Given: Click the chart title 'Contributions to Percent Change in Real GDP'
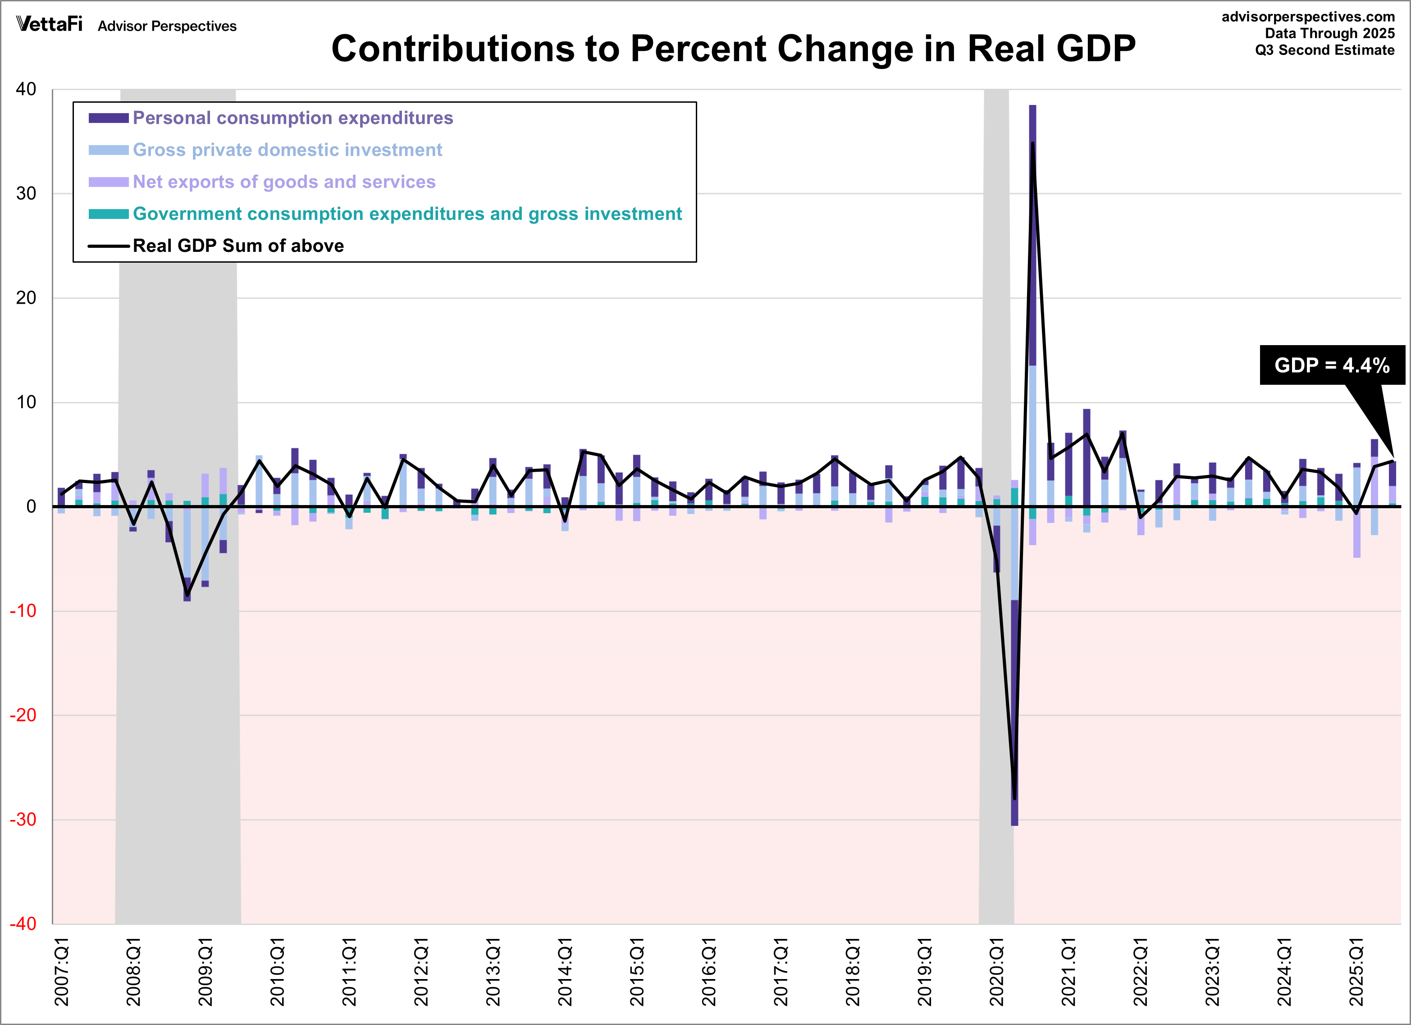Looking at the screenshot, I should (x=733, y=49).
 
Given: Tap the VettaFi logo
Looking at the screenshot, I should (x=49, y=24).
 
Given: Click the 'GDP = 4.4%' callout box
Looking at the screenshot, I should (x=1332, y=365).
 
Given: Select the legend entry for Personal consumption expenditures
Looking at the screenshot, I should (x=292, y=118).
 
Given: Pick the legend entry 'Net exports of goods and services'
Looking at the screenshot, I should (x=284, y=182).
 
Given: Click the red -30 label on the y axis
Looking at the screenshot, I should (x=23, y=820).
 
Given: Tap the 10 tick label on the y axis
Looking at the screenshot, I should (x=26, y=402).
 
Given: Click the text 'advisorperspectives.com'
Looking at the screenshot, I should (x=1308, y=17).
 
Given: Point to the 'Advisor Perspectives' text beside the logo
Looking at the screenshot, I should (x=167, y=26).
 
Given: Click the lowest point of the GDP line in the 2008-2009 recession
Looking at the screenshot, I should (x=187, y=595).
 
